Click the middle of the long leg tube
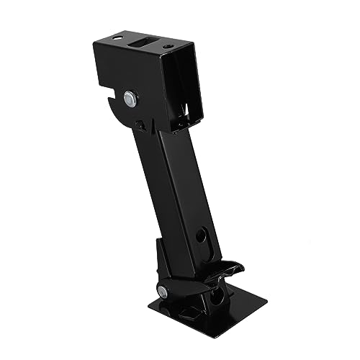tap(171, 187)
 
